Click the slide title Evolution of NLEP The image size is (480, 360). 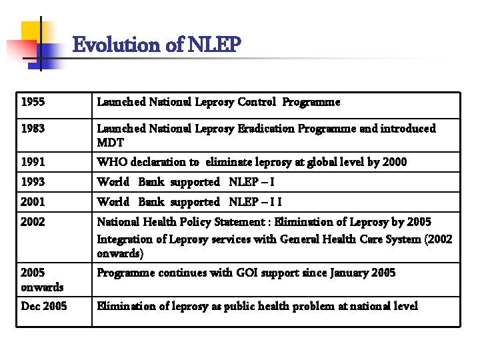click(x=156, y=45)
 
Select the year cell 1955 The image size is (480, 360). click(x=29, y=102)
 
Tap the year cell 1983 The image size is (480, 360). click(x=33, y=128)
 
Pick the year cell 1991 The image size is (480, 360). click(x=33, y=162)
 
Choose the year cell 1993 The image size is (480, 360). click(x=33, y=182)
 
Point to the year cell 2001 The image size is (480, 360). click(x=33, y=202)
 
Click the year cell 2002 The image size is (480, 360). click(x=33, y=222)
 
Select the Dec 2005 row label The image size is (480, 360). click(x=44, y=306)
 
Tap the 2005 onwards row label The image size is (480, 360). click(x=42, y=280)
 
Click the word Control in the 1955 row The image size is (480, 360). click(x=257, y=102)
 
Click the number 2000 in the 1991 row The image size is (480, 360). click(x=393, y=162)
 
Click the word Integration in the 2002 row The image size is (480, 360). click(x=125, y=239)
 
